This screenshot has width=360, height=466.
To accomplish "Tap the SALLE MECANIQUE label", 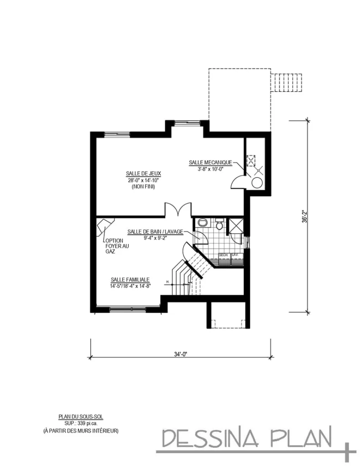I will pyautogui.click(x=210, y=162).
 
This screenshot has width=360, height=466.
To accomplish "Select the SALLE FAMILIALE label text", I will pyautogui.click(x=130, y=280).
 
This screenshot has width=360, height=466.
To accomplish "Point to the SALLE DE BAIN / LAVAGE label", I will pyautogui.click(x=155, y=231).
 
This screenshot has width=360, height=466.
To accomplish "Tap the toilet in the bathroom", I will pyautogui.click(x=219, y=225).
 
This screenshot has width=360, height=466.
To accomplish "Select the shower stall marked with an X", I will pyautogui.click(x=236, y=226).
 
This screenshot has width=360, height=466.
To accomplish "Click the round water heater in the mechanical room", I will pyautogui.click(x=257, y=183).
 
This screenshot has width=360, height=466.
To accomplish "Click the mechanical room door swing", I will pyautogui.click(x=238, y=182).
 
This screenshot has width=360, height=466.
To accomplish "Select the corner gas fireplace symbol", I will pyautogui.click(x=105, y=226).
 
